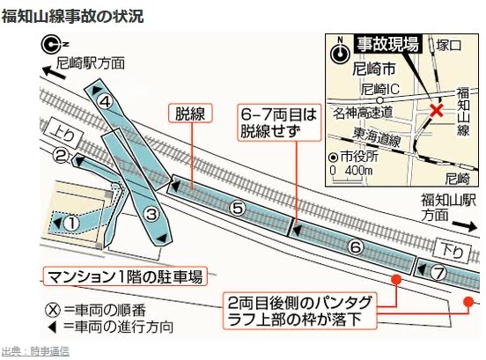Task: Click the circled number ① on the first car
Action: [x=71, y=224]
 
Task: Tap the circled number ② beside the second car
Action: [x=61, y=156]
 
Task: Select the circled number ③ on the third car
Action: [x=151, y=214]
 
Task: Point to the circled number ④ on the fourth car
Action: [x=106, y=101]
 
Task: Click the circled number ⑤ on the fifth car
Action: [x=238, y=209]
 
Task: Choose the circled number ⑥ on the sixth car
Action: [x=356, y=247]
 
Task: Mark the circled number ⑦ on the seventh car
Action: [x=438, y=273]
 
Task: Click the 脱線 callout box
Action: [x=190, y=113]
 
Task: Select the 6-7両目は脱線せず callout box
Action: [x=279, y=122]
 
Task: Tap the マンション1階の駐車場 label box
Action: [x=125, y=276]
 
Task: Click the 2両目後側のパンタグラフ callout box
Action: [x=299, y=311]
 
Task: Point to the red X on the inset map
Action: [x=436, y=110]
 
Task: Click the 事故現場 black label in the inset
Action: [x=387, y=44]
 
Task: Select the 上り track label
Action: [x=64, y=135]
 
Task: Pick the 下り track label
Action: [x=453, y=251]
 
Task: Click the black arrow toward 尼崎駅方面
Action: [x=55, y=72]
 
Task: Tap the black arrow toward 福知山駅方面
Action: [x=464, y=226]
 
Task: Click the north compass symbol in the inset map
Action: [x=340, y=51]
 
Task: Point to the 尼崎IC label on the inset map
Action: [x=380, y=89]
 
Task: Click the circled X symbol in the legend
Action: [x=53, y=310]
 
